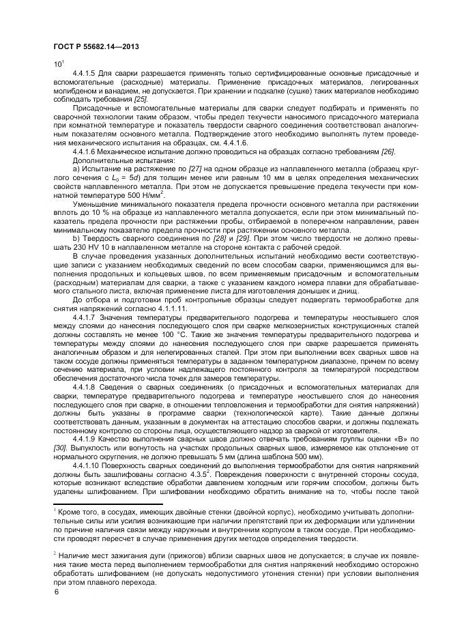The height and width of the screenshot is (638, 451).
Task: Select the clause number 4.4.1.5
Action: [x=85, y=72]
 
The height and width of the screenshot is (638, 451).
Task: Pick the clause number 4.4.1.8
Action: [x=85, y=387]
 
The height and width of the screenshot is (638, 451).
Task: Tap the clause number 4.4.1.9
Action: [x=85, y=439]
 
